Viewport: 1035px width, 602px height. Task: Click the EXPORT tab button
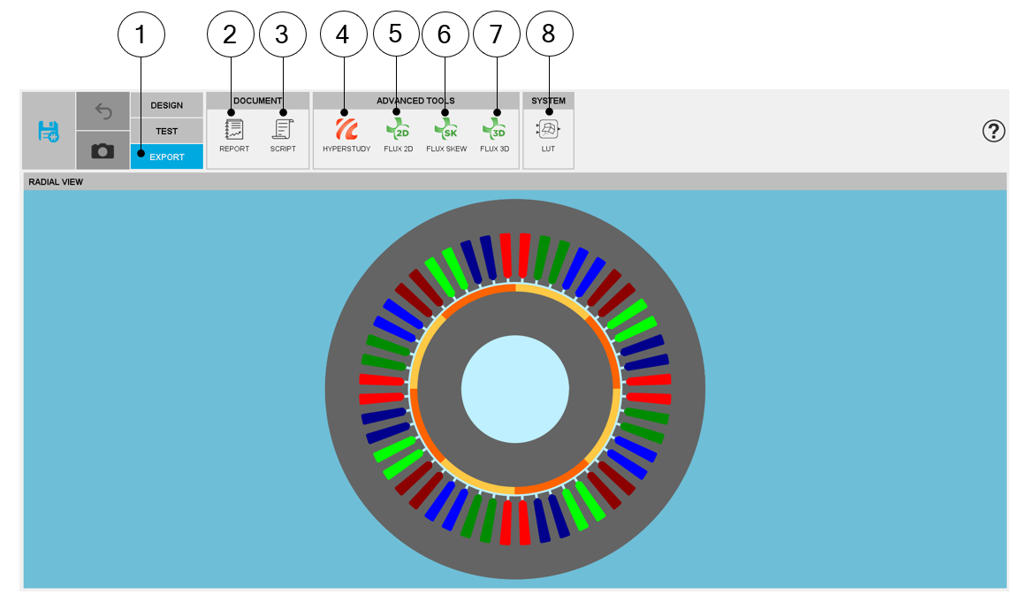pyautogui.click(x=166, y=156)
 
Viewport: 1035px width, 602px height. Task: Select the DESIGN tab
pyautogui.click(x=166, y=105)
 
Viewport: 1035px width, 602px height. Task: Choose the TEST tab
pyautogui.click(x=166, y=131)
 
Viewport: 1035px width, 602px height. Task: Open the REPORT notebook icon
pyautogui.click(x=233, y=129)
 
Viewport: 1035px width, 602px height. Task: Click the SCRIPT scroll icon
pyautogui.click(x=283, y=129)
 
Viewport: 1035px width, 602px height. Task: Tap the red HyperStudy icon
pyautogui.click(x=346, y=129)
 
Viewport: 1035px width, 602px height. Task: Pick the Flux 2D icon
pyautogui.click(x=398, y=129)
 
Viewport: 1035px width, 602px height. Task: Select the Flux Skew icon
pyautogui.click(x=446, y=129)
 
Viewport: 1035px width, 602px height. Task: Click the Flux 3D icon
pyautogui.click(x=494, y=129)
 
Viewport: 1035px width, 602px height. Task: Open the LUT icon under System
pyautogui.click(x=548, y=129)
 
